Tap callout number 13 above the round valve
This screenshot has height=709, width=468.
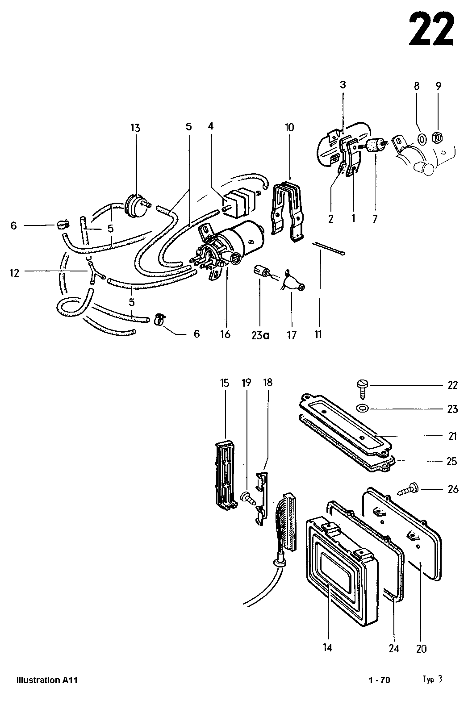[135, 128]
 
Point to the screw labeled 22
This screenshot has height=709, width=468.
[361, 387]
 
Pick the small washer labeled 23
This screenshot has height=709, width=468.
[362, 408]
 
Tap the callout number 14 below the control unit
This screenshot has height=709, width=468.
[328, 647]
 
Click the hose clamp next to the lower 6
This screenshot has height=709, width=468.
[159, 319]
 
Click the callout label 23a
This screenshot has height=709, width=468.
[260, 335]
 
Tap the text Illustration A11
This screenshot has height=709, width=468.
[47, 680]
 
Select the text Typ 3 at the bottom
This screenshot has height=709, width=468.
[432, 679]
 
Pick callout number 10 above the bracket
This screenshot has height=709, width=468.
[289, 128]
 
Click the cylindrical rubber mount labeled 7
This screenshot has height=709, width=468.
[374, 146]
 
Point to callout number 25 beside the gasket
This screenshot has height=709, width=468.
[452, 461]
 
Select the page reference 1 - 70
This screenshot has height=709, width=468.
[380, 680]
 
